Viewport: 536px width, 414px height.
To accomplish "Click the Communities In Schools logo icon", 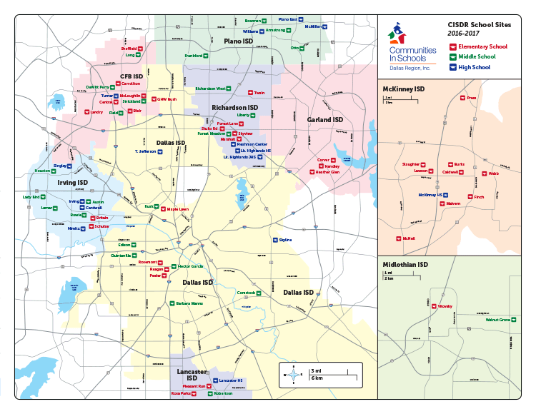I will click(x=397, y=34).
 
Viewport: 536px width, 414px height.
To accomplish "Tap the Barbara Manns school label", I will click(x=189, y=303).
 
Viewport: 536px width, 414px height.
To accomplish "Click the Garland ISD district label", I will click(x=324, y=119).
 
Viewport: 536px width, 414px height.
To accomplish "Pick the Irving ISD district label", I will click(x=73, y=183).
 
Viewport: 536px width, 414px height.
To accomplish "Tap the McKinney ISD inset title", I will click(x=405, y=89).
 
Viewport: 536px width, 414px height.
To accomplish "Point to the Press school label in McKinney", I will click(x=471, y=99).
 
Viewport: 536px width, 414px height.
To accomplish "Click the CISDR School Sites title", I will click(x=473, y=24).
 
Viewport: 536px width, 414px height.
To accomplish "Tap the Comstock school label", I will click(x=246, y=293).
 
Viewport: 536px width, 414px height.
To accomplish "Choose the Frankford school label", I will click(x=194, y=55).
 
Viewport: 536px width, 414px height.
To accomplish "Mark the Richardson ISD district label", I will click(x=232, y=107).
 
